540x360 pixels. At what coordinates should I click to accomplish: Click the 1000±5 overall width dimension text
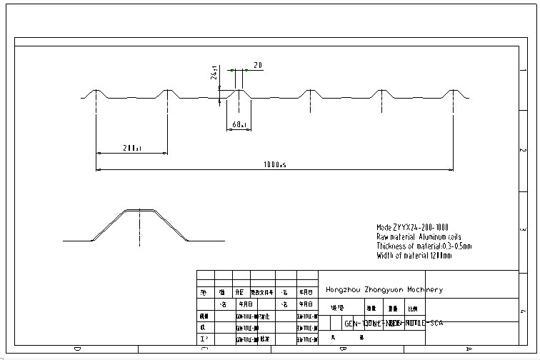click(274, 164)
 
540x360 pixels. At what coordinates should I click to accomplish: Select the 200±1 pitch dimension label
click(131, 148)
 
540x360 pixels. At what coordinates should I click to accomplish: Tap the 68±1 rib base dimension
click(239, 125)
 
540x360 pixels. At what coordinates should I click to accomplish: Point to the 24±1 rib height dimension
click(214, 74)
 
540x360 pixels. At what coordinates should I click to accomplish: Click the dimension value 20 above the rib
click(257, 65)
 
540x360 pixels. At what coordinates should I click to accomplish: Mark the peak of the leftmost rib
click(96, 91)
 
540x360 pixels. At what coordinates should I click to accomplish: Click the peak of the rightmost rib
click(453, 91)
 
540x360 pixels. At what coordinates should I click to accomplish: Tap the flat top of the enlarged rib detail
click(139, 210)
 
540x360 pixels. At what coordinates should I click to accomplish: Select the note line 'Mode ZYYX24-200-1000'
click(412, 227)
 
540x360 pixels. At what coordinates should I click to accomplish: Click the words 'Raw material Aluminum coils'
click(419, 236)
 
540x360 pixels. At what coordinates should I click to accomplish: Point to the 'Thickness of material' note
click(424, 246)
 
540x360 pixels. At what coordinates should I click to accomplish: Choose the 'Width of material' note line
click(414, 255)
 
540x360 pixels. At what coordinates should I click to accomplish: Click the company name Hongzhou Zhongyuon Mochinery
click(384, 290)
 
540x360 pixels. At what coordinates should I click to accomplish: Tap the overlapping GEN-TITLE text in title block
click(394, 323)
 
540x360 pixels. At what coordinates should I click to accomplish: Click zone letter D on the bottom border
click(77, 349)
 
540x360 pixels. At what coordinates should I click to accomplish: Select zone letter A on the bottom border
click(469, 349)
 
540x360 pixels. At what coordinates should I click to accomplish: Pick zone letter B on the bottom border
click(344, 349)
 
